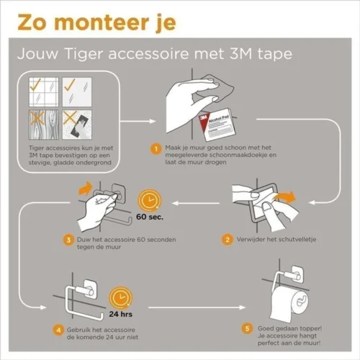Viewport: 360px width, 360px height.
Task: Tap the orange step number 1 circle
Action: click(x=154, y=149)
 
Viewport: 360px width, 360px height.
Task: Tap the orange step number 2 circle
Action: click(x=227, y=238)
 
